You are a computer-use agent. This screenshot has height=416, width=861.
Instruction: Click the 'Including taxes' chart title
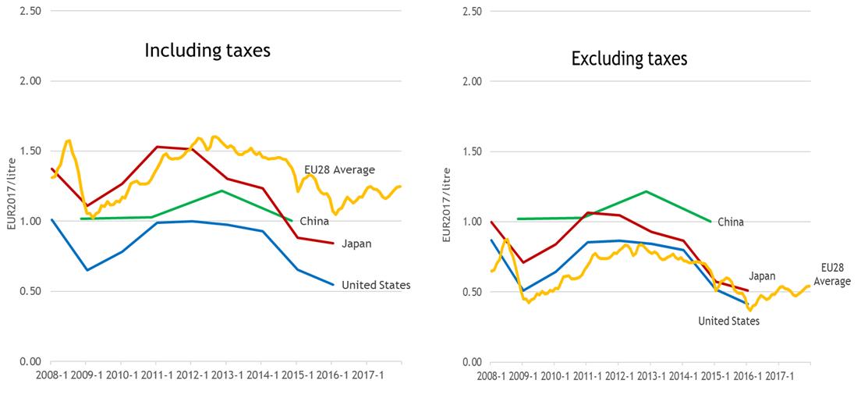click(x=207, y=52)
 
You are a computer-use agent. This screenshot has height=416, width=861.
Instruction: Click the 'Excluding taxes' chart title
click(x=629, y=59)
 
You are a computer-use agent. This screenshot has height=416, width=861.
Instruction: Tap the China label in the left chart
click(x=314, y=222)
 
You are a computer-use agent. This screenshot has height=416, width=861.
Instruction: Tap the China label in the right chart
click(x=731, y=222)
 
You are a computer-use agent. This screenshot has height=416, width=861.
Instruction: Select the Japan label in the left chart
click(x=356, y=244)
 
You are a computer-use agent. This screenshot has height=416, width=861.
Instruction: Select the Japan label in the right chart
click(x=762, y=276)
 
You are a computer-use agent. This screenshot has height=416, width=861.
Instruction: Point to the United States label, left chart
click(x=376, y=285)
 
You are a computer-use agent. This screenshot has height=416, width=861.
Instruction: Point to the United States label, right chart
click(x=728, y=321)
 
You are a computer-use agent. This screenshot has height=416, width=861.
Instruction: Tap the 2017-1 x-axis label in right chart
click(x=780, y=375)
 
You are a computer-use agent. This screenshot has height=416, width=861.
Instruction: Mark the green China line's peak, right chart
click(x=647, y=190)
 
